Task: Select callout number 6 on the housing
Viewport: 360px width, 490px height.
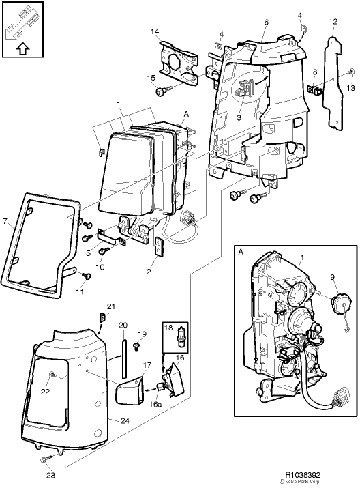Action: click(266, 23)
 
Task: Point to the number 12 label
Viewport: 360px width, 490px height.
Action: click(333, 22)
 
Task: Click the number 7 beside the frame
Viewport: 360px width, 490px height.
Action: click(5, 222)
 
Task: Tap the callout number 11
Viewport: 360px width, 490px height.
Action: click(80, 292)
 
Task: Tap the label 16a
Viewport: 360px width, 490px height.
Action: click(156, 405)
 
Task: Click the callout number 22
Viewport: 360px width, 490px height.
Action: click(45, 392)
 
